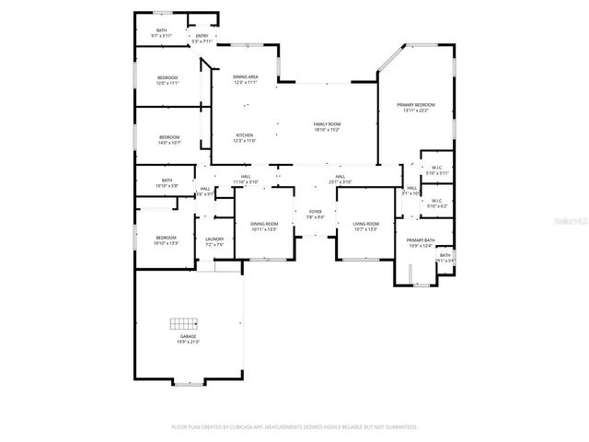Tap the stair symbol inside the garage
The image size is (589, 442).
[x=184, y=323]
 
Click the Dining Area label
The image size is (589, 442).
[x=245, y=79]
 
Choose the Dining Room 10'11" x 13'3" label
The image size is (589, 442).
[x=264, y=227]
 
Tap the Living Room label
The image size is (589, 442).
[x=365, y=227]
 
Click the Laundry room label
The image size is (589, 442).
[x=214, y=242]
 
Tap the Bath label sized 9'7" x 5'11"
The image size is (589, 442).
[x=161, y=33]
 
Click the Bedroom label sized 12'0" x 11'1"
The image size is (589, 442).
[x=167, y=79]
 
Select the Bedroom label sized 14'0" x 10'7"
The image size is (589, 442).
[x=168, y=140]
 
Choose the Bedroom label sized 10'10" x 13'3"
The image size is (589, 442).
[x=166, y=240]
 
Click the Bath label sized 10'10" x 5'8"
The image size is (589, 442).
[x=167, y=183]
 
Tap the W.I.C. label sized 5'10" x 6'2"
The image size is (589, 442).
[x=437, y=204]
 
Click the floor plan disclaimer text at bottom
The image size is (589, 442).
[x=294, y=426]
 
